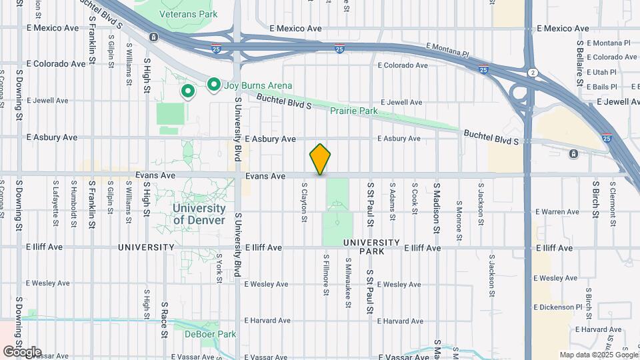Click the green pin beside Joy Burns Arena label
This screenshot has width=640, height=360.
(213, 85)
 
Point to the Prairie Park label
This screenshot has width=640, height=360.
(355, 111)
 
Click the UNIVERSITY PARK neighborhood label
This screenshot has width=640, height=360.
(371, 247)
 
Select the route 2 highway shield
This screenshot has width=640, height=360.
(532, 71)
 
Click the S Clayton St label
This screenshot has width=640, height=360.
(304, 203)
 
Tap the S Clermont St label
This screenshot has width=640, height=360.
(612, 203)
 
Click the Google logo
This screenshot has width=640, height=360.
(21, 352)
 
